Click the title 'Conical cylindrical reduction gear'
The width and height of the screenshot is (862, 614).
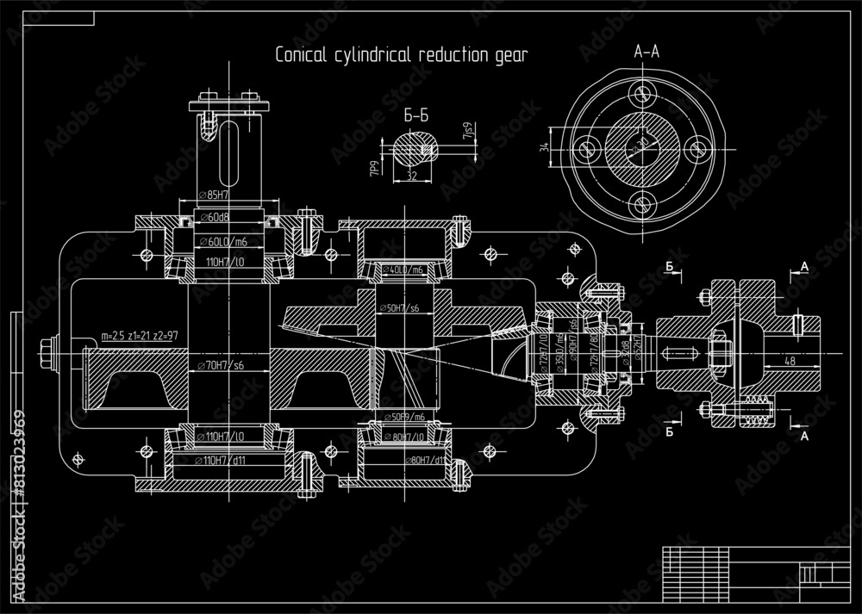(401, 54)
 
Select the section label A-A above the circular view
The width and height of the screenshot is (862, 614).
(646, 53)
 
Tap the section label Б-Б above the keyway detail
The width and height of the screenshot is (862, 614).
(416, 114)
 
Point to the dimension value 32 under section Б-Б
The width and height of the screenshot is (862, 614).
(411, 176)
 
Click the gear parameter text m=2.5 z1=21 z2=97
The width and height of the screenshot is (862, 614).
(140, 335)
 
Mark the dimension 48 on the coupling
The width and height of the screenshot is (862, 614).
(790, 362)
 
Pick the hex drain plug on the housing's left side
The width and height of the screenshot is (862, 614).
(45, 350)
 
